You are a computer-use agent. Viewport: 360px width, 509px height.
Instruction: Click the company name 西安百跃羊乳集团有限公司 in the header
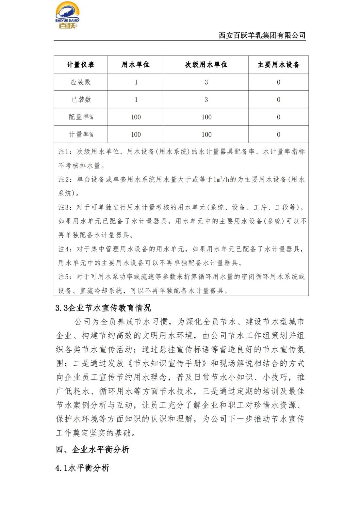(x=262, y=35)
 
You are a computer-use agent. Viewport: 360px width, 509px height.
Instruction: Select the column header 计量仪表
(x=80, y=65)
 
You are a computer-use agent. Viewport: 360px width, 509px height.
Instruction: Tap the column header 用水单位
(x=136, y=65)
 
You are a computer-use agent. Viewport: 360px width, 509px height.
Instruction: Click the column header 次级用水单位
(x=206, y=65)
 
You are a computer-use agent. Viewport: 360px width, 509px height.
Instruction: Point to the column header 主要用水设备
(x=278, y=65)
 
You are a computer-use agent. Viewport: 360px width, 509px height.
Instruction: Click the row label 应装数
(x=80, y=82)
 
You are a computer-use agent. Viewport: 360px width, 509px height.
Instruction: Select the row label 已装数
(x=80, y=100)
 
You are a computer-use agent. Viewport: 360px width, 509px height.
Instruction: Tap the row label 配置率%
(x=80, y=117)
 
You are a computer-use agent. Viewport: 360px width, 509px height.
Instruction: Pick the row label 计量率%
(x=80, y=135)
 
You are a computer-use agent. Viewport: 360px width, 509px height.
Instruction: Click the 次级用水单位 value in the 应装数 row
(x=206, y=82)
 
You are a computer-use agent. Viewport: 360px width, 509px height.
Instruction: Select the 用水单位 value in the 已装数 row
(x=136, y=100)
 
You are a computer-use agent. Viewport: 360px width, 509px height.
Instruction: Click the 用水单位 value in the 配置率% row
(x=136, y=117)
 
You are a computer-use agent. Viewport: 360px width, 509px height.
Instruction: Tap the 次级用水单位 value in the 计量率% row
(x=206, y=135)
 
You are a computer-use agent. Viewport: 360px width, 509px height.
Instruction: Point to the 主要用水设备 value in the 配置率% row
(x=278, y=117)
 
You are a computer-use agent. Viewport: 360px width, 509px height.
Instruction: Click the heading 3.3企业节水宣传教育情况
(x=103, y=308)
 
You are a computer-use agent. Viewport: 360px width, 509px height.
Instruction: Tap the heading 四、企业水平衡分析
(x=92, y=450)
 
